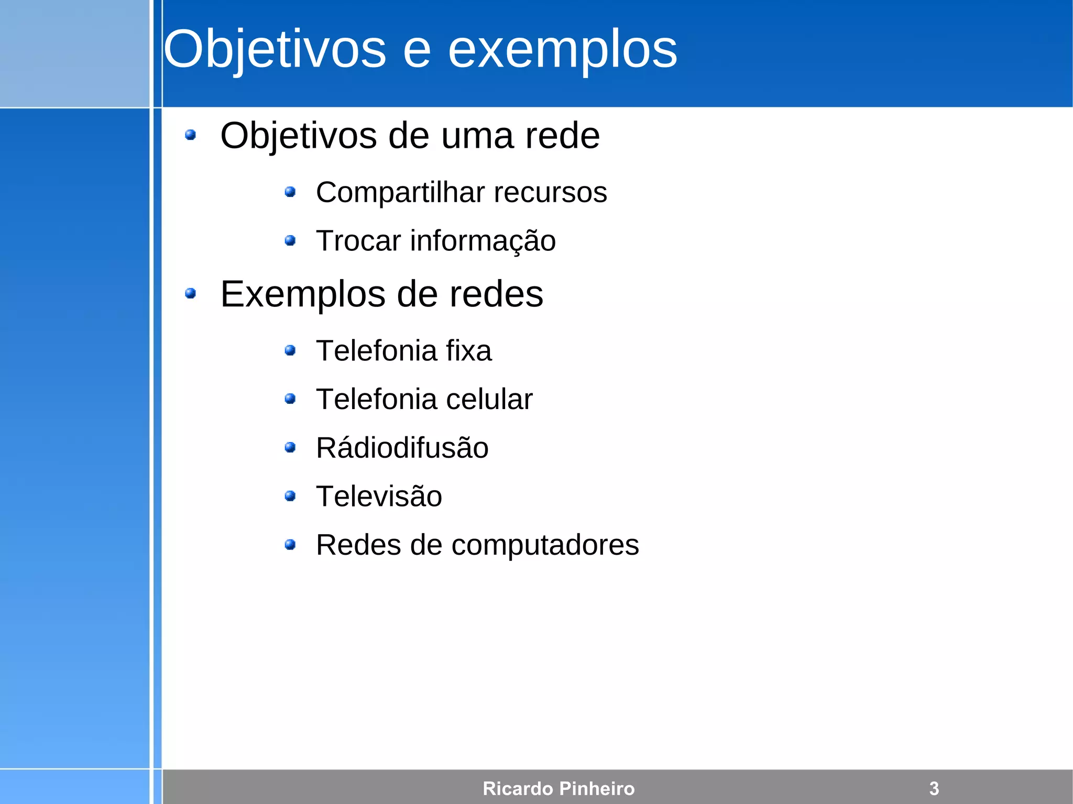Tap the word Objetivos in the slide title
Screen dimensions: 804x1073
[x=275, y=50]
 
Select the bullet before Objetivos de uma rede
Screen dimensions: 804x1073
[x=191, y=136]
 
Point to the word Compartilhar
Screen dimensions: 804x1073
[x=400, y=193]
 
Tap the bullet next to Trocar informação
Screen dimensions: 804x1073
[x=290, y=241]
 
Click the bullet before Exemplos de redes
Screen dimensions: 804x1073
[x=191, y=294]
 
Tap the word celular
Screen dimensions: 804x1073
[x=489, y=399]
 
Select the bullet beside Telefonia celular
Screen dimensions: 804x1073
[x=290, y=399]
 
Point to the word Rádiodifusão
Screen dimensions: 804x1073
[x=402, y=448]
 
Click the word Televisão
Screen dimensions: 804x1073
[x=379, y=496]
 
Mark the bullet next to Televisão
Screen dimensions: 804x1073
[x=290, y=496]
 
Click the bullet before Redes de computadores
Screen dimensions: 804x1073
[x=290, y=545]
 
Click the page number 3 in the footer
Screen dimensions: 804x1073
[x=934, y=788]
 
